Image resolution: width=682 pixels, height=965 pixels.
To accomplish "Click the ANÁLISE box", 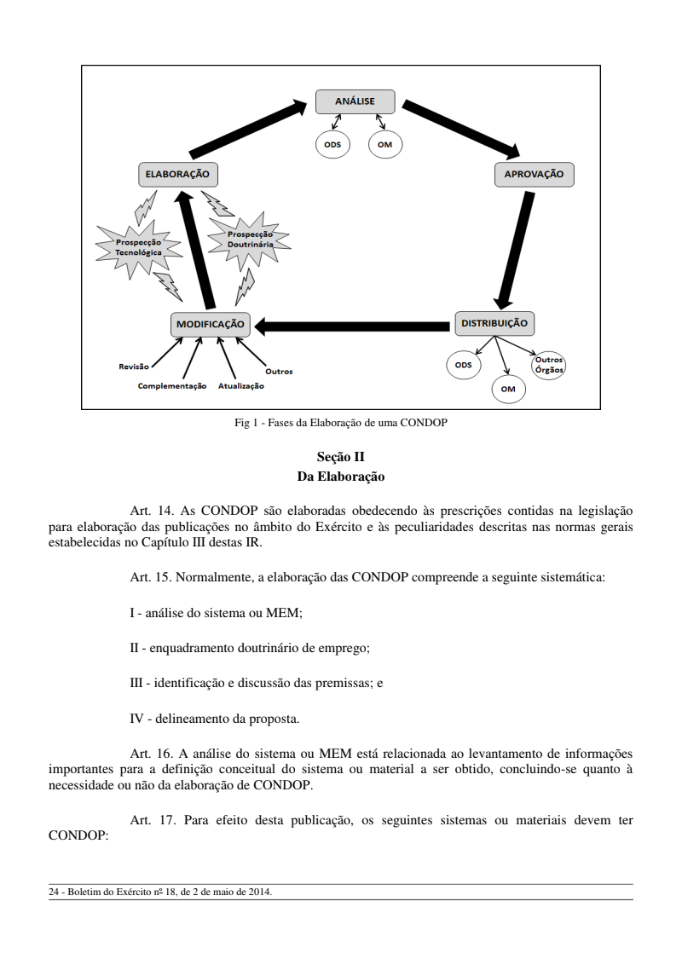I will point(355,101).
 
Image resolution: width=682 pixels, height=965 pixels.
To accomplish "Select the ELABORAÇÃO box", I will point(176,174).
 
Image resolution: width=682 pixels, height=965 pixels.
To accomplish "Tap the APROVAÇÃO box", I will point(534,174).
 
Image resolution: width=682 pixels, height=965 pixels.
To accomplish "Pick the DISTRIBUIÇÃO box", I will point(495,323).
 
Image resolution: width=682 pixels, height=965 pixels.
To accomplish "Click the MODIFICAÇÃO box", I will point(211,324).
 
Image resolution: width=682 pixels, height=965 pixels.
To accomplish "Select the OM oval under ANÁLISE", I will point(384,144).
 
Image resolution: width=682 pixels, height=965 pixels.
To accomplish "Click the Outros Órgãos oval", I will point(549,365).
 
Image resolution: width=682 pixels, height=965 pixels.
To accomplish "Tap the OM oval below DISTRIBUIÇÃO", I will point(508,389).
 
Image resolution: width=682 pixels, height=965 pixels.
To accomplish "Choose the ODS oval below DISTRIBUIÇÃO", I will point(463,365).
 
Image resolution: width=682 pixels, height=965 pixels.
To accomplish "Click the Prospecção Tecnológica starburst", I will point(138,248).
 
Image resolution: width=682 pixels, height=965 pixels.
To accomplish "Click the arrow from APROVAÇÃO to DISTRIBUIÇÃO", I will point(516,247).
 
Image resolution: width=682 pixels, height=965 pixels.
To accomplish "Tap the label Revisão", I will point(133,367).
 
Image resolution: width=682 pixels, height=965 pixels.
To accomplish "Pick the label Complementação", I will point(172,385).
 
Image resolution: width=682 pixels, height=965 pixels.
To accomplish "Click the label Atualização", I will point(240,385).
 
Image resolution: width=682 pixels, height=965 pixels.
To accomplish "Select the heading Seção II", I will point(340,456).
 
